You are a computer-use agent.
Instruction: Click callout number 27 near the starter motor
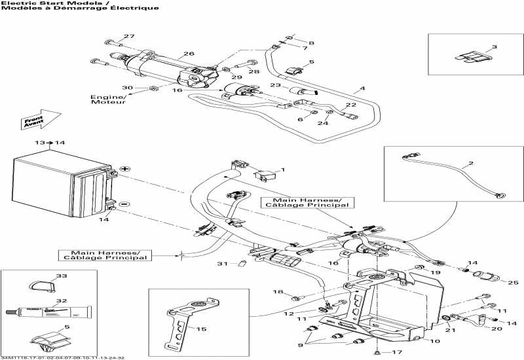point(129,36)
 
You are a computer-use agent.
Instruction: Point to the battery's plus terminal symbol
point(124,169)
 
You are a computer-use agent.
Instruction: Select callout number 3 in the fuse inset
point(494,47)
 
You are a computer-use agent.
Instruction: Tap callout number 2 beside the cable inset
point(487,162)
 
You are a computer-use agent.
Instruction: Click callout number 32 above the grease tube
point(62,301)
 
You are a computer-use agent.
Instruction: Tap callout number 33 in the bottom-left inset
point(62,276)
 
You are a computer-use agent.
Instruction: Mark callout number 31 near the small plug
point(223,264)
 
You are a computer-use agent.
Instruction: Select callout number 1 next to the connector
point(282,170)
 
